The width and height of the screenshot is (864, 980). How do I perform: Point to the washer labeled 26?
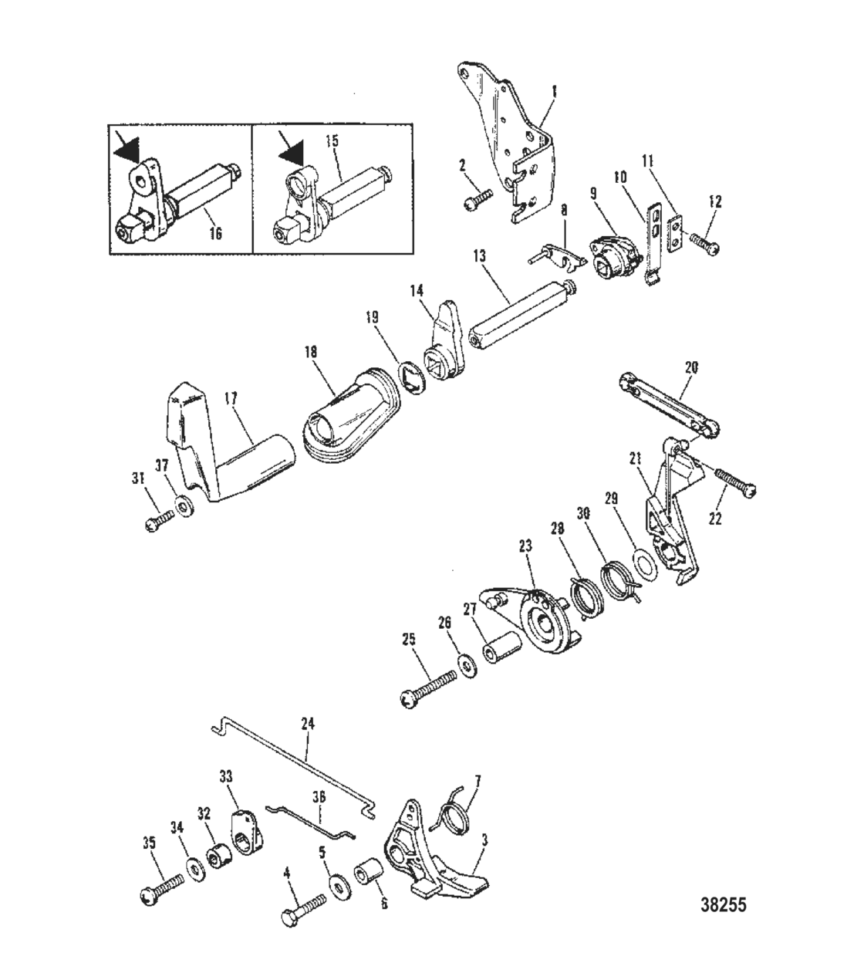(x=466, y=664)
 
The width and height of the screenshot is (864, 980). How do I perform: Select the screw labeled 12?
(x=707, y=245)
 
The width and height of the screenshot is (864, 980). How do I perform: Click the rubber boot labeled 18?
(x=351, y=421)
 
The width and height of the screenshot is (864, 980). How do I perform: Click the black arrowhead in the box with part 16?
(x=126, y=146)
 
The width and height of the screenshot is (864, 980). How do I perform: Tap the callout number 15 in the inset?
(x=332, y=141)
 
